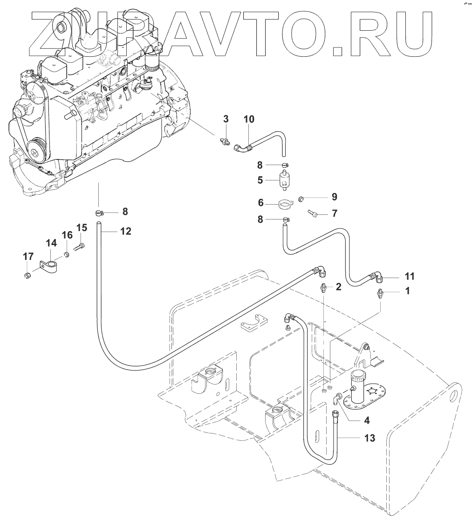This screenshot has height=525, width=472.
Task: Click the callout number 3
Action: point(226,119)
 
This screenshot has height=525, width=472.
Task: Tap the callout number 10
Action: point(249,119)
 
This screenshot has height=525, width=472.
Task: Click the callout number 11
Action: point(409,276)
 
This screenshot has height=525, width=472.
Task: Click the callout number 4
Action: point(367,420)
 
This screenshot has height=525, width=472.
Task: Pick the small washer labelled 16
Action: point(67,253)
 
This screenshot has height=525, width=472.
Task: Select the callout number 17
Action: point(28,256)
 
